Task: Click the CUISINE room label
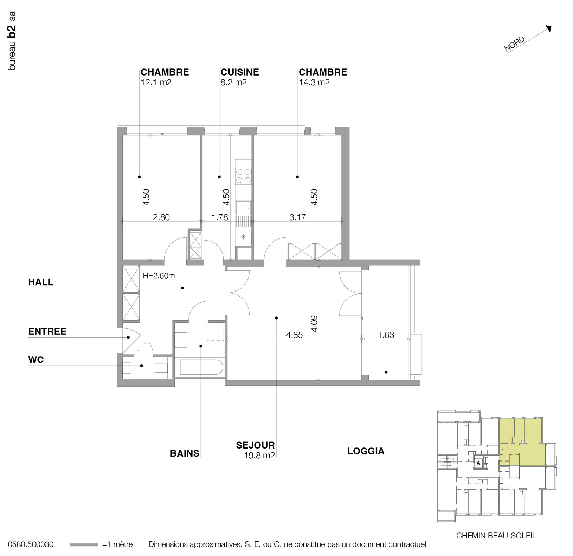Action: click(x=240, y=72)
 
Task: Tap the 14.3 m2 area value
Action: click(x=314, y=83)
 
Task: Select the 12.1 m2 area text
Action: click(x=156, y=83)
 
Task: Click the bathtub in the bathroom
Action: click(x=201, y=367)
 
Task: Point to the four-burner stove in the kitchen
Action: click(x=243, y=176)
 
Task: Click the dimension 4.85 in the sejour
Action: click(x=294, y=335)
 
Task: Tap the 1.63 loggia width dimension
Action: click(x=386, y=335)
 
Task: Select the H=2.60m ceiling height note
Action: click(x=159, y=276)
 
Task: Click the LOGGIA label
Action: click(x=366, y=451)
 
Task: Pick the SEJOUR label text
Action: click(x=255, y=445)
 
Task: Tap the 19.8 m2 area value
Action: click(x=259, y=456)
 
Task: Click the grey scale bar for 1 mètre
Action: click(x=84, y=545)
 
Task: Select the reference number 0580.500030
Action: click(x=31, y=544)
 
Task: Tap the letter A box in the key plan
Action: click(x=478, y=463)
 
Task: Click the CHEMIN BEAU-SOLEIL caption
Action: click(x=496, y=536)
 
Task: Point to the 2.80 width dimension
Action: click(x=161, y=217)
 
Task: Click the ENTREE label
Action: click(x=47, y=332)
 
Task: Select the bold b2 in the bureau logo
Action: click(x=12, y=31)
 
